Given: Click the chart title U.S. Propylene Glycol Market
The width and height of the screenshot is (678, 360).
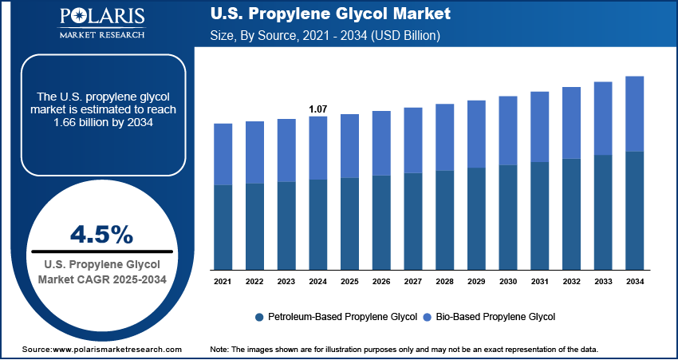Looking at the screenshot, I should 329,14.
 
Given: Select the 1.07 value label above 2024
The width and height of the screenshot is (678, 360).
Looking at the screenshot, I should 317,109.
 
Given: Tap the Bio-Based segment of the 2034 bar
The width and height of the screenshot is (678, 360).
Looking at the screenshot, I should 634,113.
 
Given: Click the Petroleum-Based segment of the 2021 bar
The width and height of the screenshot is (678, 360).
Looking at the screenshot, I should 223,227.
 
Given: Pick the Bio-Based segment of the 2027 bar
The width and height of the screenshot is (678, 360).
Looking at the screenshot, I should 412,140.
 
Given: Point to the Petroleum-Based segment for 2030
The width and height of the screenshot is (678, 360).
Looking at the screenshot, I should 507,217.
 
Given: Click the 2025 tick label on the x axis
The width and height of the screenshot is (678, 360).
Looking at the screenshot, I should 349,282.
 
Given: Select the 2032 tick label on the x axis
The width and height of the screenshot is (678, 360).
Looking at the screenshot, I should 571,282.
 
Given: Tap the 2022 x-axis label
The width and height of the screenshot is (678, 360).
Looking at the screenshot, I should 254,282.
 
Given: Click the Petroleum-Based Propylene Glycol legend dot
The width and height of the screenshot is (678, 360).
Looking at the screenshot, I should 259,317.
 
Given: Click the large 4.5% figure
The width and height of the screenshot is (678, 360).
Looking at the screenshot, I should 101,234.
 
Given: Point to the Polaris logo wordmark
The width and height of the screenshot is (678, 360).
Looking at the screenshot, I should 101,18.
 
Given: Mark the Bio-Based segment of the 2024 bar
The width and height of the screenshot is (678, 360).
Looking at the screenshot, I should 317,148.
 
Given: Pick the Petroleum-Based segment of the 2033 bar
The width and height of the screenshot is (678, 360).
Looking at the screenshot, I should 603,212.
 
